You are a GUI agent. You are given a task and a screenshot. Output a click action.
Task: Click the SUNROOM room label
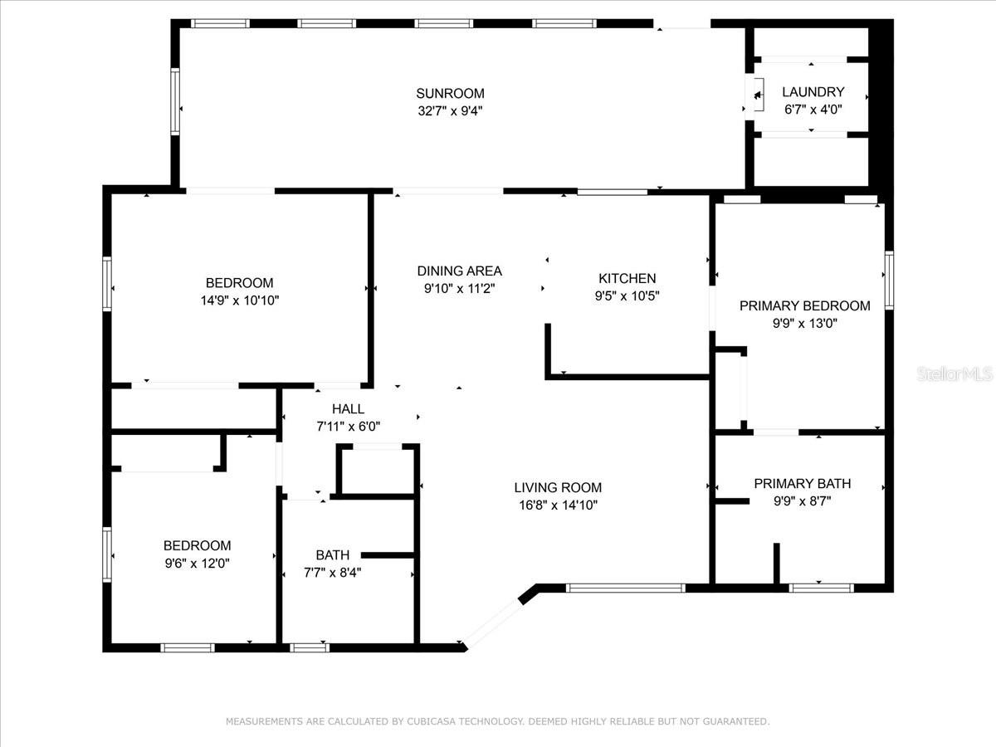(450, 94)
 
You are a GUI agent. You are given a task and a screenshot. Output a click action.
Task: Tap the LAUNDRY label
(813, 92)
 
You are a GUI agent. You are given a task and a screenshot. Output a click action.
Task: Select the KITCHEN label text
(627, 279)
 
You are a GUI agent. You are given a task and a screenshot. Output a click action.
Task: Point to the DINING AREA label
(459, 271)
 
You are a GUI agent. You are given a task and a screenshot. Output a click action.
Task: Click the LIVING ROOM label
(558, 487)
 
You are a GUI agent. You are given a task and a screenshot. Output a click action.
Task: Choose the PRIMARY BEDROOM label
(804, 306)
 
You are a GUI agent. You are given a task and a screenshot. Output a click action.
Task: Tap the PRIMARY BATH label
(803, 484)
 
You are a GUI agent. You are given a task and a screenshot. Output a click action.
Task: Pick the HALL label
(348, 409)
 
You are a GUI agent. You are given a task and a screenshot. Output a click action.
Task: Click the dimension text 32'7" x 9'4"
(450, 111)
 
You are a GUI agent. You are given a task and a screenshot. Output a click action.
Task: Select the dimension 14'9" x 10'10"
(240, 300)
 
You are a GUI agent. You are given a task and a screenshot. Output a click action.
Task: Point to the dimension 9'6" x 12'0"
(197, 564)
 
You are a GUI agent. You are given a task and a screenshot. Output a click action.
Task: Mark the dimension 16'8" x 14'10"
(558, 505)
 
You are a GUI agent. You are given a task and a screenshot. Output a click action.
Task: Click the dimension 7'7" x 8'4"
(332, 573)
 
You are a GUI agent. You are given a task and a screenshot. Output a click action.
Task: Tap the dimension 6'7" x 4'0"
(813, 110)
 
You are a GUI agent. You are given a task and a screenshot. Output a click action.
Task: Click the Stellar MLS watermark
(954, 373)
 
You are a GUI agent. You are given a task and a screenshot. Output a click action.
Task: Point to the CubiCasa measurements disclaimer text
(498, 721)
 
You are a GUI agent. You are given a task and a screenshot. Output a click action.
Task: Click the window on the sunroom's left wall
(175, 101)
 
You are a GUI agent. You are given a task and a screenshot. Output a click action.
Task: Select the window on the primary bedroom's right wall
(890, 281)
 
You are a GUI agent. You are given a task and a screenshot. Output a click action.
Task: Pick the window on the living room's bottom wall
(625, 588)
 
